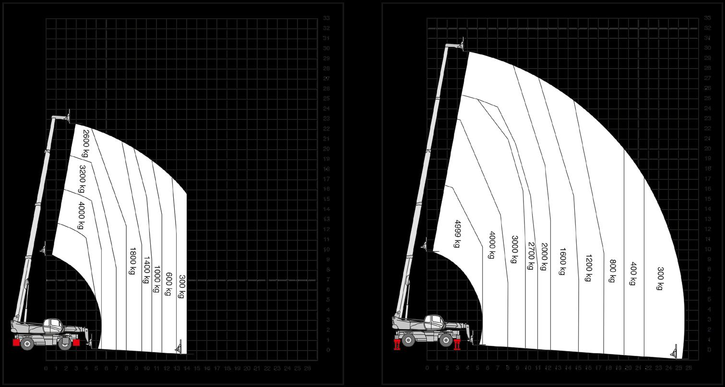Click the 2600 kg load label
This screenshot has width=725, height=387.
pyautogui.click(x=86, y=143)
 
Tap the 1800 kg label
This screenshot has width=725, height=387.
pyautogui.click(x=131, y=261)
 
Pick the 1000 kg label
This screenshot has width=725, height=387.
pyautogui.click(x=156, y=278)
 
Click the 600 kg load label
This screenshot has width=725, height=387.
pyautogui.click(x=168, y=284)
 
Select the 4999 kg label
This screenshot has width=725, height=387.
pyautogui.click(x=456, y=234)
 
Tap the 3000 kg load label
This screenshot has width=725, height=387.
pyautogui.click(x=514, y=249)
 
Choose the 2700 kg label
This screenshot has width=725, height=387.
pyautogui.click(x=531, y=256)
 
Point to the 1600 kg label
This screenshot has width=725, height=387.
pyautogui.click(x=562, y=261)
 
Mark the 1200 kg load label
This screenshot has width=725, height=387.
pyautogui.click(x=588, y=268)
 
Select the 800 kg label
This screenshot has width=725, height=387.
pyautogui.click(x=612, y=271)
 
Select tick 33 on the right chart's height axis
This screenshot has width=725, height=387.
pyautogui.click(x=707, y=18)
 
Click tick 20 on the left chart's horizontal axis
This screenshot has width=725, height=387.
pyautogui.click(x=247, y=368)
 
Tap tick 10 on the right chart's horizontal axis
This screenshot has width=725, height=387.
pyautogui.click(x=528, y=368)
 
